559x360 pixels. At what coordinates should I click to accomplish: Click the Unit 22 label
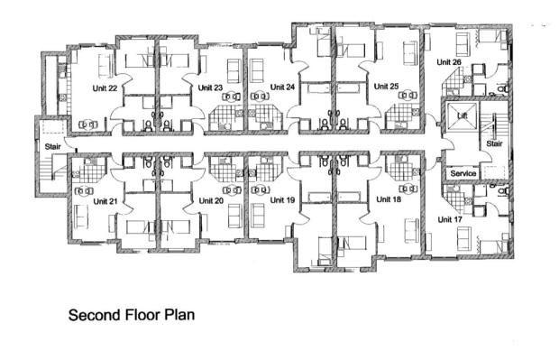coord(105,88)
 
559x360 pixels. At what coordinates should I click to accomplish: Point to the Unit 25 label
coord(387,88)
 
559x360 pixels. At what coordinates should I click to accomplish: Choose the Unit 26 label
coord(449,62)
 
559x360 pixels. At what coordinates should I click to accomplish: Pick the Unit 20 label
coord(211,200)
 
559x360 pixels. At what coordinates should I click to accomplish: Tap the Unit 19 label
coord(283,200)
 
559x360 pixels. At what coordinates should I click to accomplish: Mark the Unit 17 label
coord(449,218)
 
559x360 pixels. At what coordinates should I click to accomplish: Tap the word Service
coord(463,172)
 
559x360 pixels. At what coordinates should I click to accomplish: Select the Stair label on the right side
coord(494,143)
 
